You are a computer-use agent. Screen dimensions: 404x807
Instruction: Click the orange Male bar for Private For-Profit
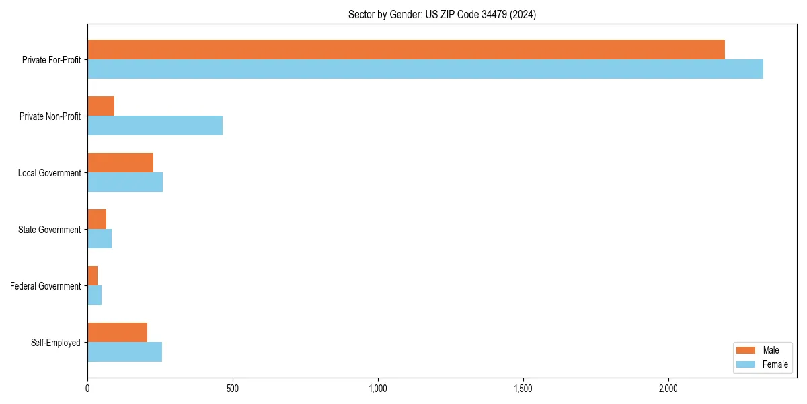[x=406, y=50]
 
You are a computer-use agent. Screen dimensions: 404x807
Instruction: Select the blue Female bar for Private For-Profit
[x=425, y=69]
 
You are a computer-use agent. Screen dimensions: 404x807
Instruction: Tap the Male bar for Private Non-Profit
[x=101, y=106]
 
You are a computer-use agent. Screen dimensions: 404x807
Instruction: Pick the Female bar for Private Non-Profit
[x=155, y=126]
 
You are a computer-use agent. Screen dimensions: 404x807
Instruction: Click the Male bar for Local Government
[x=120, y=163]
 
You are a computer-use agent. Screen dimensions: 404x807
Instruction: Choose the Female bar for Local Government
[x=125, y=182]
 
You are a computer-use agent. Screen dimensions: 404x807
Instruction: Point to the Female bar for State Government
[x=100, y=239]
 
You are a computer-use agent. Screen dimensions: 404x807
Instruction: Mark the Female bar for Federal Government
[x=95, y=296]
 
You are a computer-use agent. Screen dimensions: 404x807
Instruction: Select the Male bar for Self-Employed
[x=117, y=333]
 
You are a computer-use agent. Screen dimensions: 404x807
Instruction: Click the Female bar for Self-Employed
[x=124, y=352]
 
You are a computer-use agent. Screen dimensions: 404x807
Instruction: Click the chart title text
[x=442, y=14]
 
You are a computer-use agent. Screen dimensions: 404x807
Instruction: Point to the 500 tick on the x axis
[x=232, y=389]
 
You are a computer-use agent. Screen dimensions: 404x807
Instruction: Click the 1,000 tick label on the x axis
[x=377, y=389]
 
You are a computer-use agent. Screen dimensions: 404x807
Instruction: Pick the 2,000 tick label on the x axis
[x=668, y=389]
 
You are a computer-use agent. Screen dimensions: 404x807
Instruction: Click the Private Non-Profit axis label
[x=50, y=116]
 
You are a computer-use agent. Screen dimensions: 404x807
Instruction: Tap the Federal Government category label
[x=46, y=286]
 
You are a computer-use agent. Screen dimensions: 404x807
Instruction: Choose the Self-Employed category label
[x=55, y=343]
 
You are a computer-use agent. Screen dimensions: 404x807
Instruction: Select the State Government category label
[x=49, y=230]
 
